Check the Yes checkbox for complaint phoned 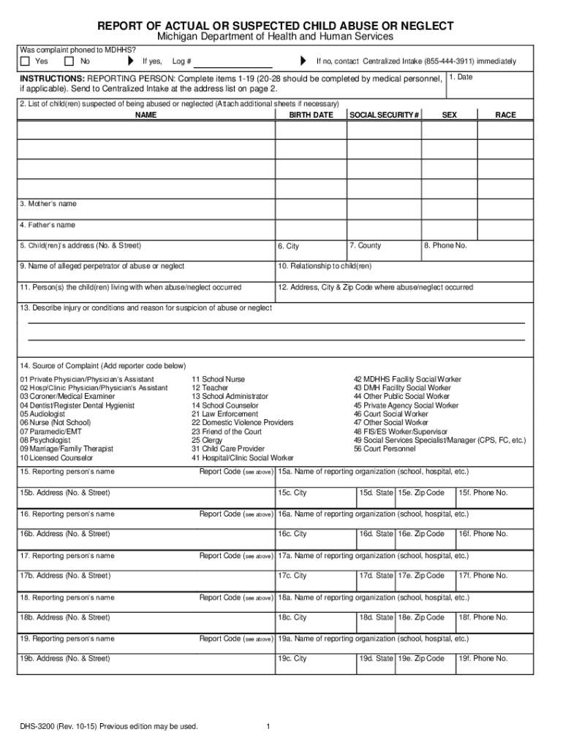[26, 61]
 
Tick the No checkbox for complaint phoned [70, 61]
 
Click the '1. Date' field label [461, 77]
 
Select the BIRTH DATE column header [311, 115]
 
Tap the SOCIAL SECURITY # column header [385, 115]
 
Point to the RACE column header [506, 115]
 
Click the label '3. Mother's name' [48, 204]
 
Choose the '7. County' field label [365, 245]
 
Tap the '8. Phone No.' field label [445, 245]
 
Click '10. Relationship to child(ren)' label [325, 266]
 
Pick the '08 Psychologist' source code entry [45, 440]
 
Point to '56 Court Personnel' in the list [385, 449]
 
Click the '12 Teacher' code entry [210, 389]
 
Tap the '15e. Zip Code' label [421, 493]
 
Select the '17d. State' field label [376, 576]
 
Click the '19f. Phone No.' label [483, 658]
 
